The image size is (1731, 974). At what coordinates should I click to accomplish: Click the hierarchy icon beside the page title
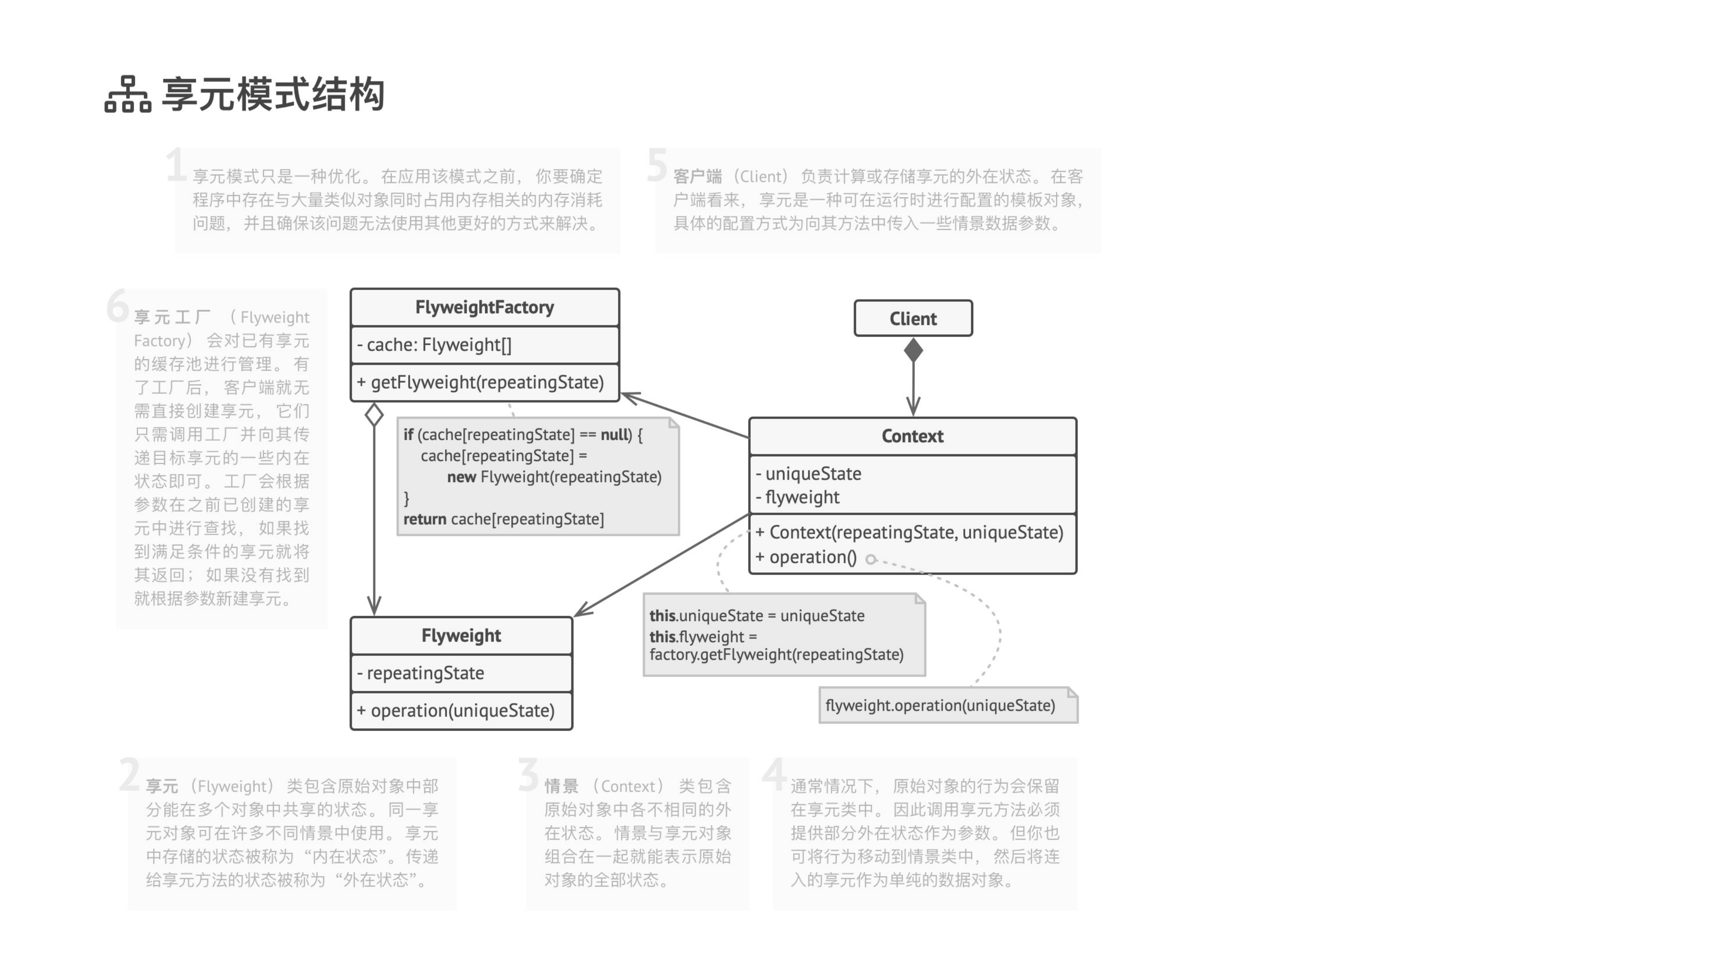click(x=128, y=94)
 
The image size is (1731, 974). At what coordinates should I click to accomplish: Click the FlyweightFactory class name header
click(x=485, y=307)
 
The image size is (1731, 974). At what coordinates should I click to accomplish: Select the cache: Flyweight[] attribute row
click(x=434, y=345)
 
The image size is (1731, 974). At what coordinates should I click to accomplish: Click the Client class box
click(x=913, y=318)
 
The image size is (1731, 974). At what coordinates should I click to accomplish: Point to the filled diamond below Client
click(x=913, y=350)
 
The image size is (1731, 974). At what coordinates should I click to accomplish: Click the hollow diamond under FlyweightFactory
click(x=374, y=414)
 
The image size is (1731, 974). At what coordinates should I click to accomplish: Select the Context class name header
click(x=913, y=436)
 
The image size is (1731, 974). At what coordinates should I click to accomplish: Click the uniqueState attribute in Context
click(x=808, y=474)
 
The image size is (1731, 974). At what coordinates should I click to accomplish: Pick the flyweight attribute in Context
click(x=798, y=497)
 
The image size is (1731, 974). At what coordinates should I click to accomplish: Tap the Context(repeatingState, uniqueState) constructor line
click(x=909, y=532)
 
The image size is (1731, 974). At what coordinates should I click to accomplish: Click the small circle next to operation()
click(x=871, y=559)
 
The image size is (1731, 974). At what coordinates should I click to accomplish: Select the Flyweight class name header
click(x=461, y=635)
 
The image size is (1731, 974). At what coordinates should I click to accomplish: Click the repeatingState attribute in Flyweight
click(x=421, y=673)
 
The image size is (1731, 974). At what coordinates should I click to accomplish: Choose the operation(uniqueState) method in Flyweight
click(x=456, y=710)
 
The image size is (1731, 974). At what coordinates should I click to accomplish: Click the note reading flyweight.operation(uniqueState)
click(x=948, y=705)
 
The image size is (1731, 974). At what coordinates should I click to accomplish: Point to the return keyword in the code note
click(x=425, y=519)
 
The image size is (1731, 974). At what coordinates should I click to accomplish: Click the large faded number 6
click(x=118, y=306)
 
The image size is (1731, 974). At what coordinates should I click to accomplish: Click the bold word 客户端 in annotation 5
click(x=698, y=177)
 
